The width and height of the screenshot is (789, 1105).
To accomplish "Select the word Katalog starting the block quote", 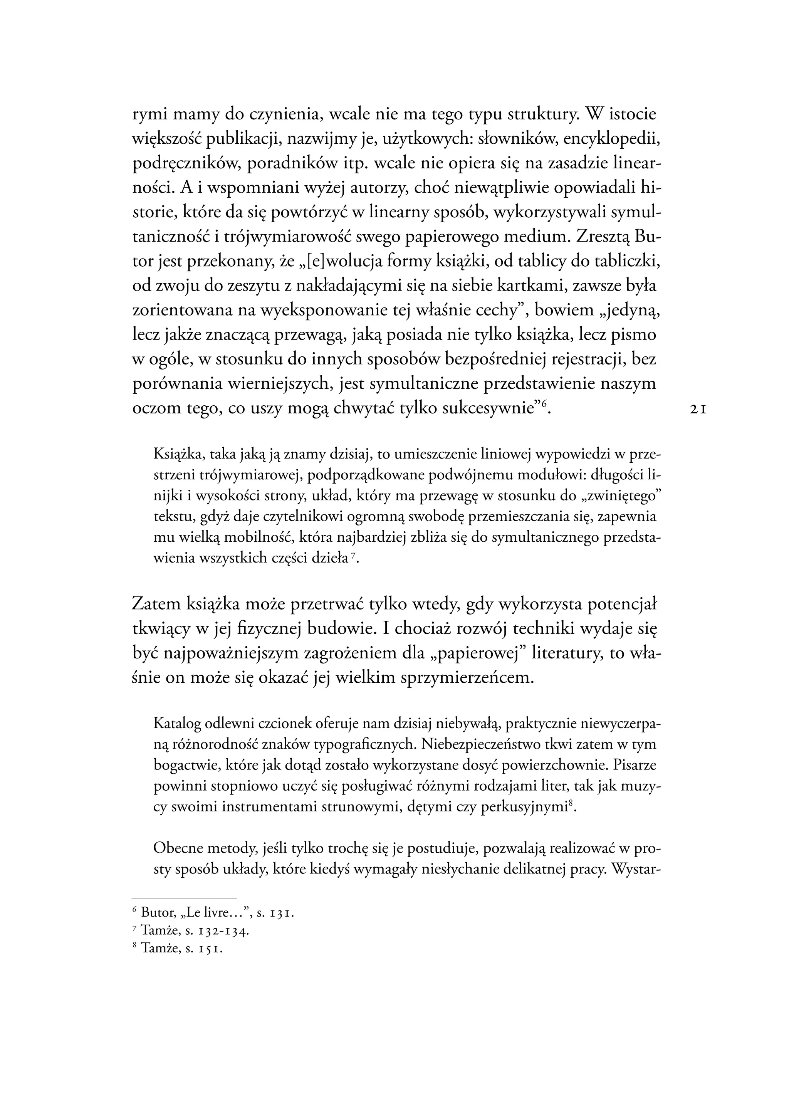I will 177,724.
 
